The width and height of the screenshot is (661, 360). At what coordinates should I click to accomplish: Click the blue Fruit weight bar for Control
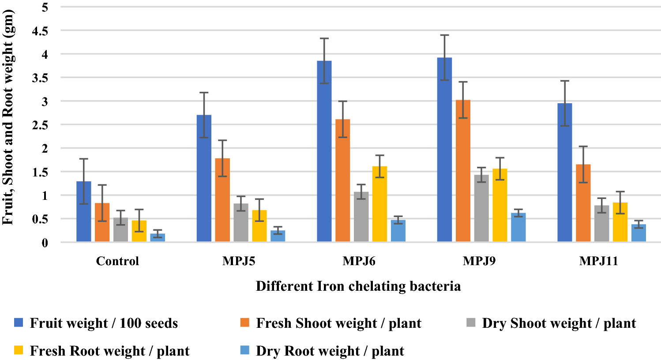click(83, 212)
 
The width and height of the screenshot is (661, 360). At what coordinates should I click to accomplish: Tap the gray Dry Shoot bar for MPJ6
click(361, 217)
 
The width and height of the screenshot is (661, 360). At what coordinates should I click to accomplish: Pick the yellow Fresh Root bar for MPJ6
click(379, 204)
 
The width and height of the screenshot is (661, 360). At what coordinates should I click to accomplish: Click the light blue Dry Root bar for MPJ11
click(638, 233)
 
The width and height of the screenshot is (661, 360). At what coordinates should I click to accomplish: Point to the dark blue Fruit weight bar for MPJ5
click(204, 179)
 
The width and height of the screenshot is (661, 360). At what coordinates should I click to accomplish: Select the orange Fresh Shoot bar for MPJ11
click(583, 203)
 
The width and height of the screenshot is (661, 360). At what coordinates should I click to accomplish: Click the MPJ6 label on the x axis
click(359, 261)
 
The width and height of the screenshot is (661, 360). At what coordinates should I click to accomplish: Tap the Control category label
click(117, 261)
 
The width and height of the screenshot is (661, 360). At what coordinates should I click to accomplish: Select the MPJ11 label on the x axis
click(598, 261)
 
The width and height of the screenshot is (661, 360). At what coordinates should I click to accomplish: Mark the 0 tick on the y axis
click(45, 243)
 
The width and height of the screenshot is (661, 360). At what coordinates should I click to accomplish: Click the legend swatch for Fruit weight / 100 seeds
click(19, 322)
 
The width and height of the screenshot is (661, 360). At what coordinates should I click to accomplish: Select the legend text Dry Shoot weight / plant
click(559, 323)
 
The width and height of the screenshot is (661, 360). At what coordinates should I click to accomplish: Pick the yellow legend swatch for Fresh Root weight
click(19, 350)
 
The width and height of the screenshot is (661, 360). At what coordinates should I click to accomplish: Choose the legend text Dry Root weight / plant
click(330, 351)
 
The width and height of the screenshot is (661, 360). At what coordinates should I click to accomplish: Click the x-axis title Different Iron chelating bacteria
click(358, 286)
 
